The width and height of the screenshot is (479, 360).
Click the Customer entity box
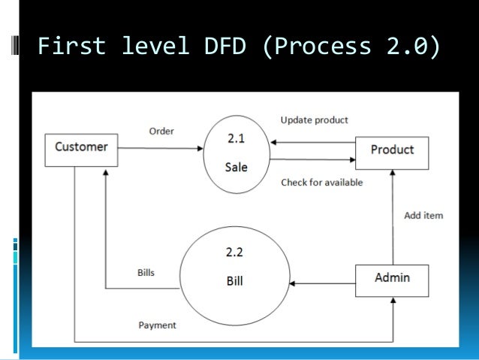[x=81, y=147]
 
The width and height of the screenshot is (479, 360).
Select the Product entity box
[x=391, y=150]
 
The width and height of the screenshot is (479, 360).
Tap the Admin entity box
[x=391, y=278]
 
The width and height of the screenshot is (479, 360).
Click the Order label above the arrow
[x=161, y=131]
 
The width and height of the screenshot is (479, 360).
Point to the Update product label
[x=314, y=120]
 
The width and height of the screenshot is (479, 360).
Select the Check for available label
[x=321, y=182]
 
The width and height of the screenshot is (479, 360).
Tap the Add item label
[x=423, y=216]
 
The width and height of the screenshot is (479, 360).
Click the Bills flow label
[x=146, y=272]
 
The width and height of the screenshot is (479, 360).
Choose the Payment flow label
[x=157, y=325]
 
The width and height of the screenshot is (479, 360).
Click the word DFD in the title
[x=224, y=47]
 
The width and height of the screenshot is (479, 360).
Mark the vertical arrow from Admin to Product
[x=391, y=218]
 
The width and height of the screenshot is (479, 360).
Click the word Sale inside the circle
[x=236, y=168]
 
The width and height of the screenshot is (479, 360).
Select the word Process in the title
[x=324, y=47]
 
